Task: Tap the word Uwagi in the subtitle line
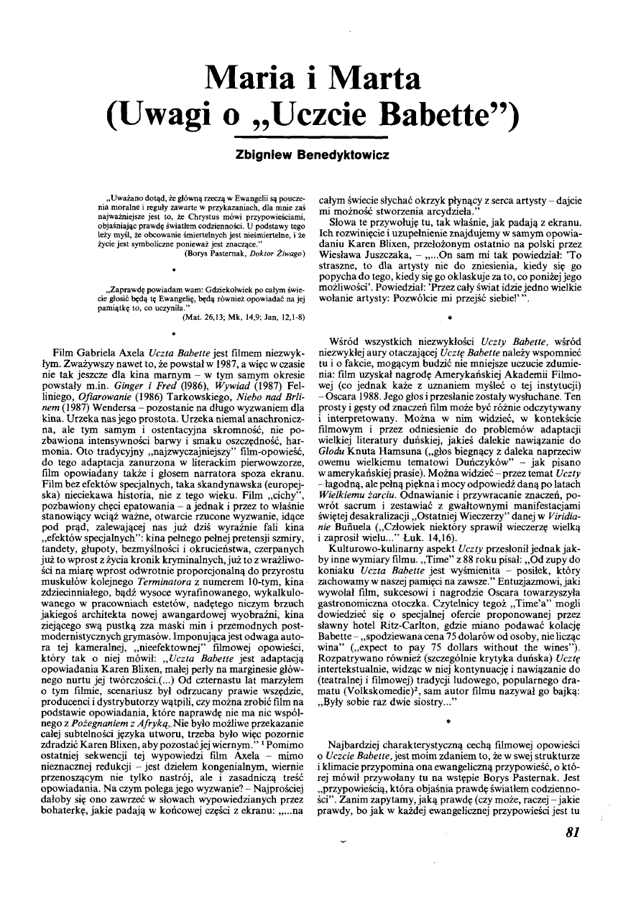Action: click(174, 114)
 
